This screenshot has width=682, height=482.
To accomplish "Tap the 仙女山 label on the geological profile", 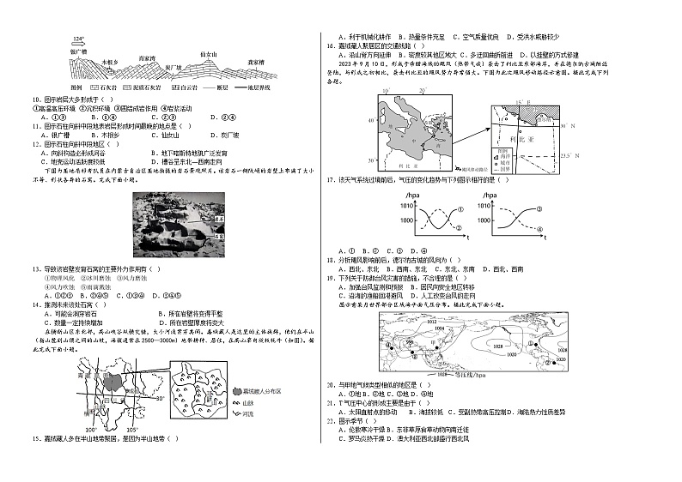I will pos(210,53).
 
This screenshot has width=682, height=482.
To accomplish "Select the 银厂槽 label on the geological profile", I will pos(82,51).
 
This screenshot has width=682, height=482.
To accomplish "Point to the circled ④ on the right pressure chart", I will pos(540,230).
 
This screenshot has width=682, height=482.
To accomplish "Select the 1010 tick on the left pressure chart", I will pos(405,208).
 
